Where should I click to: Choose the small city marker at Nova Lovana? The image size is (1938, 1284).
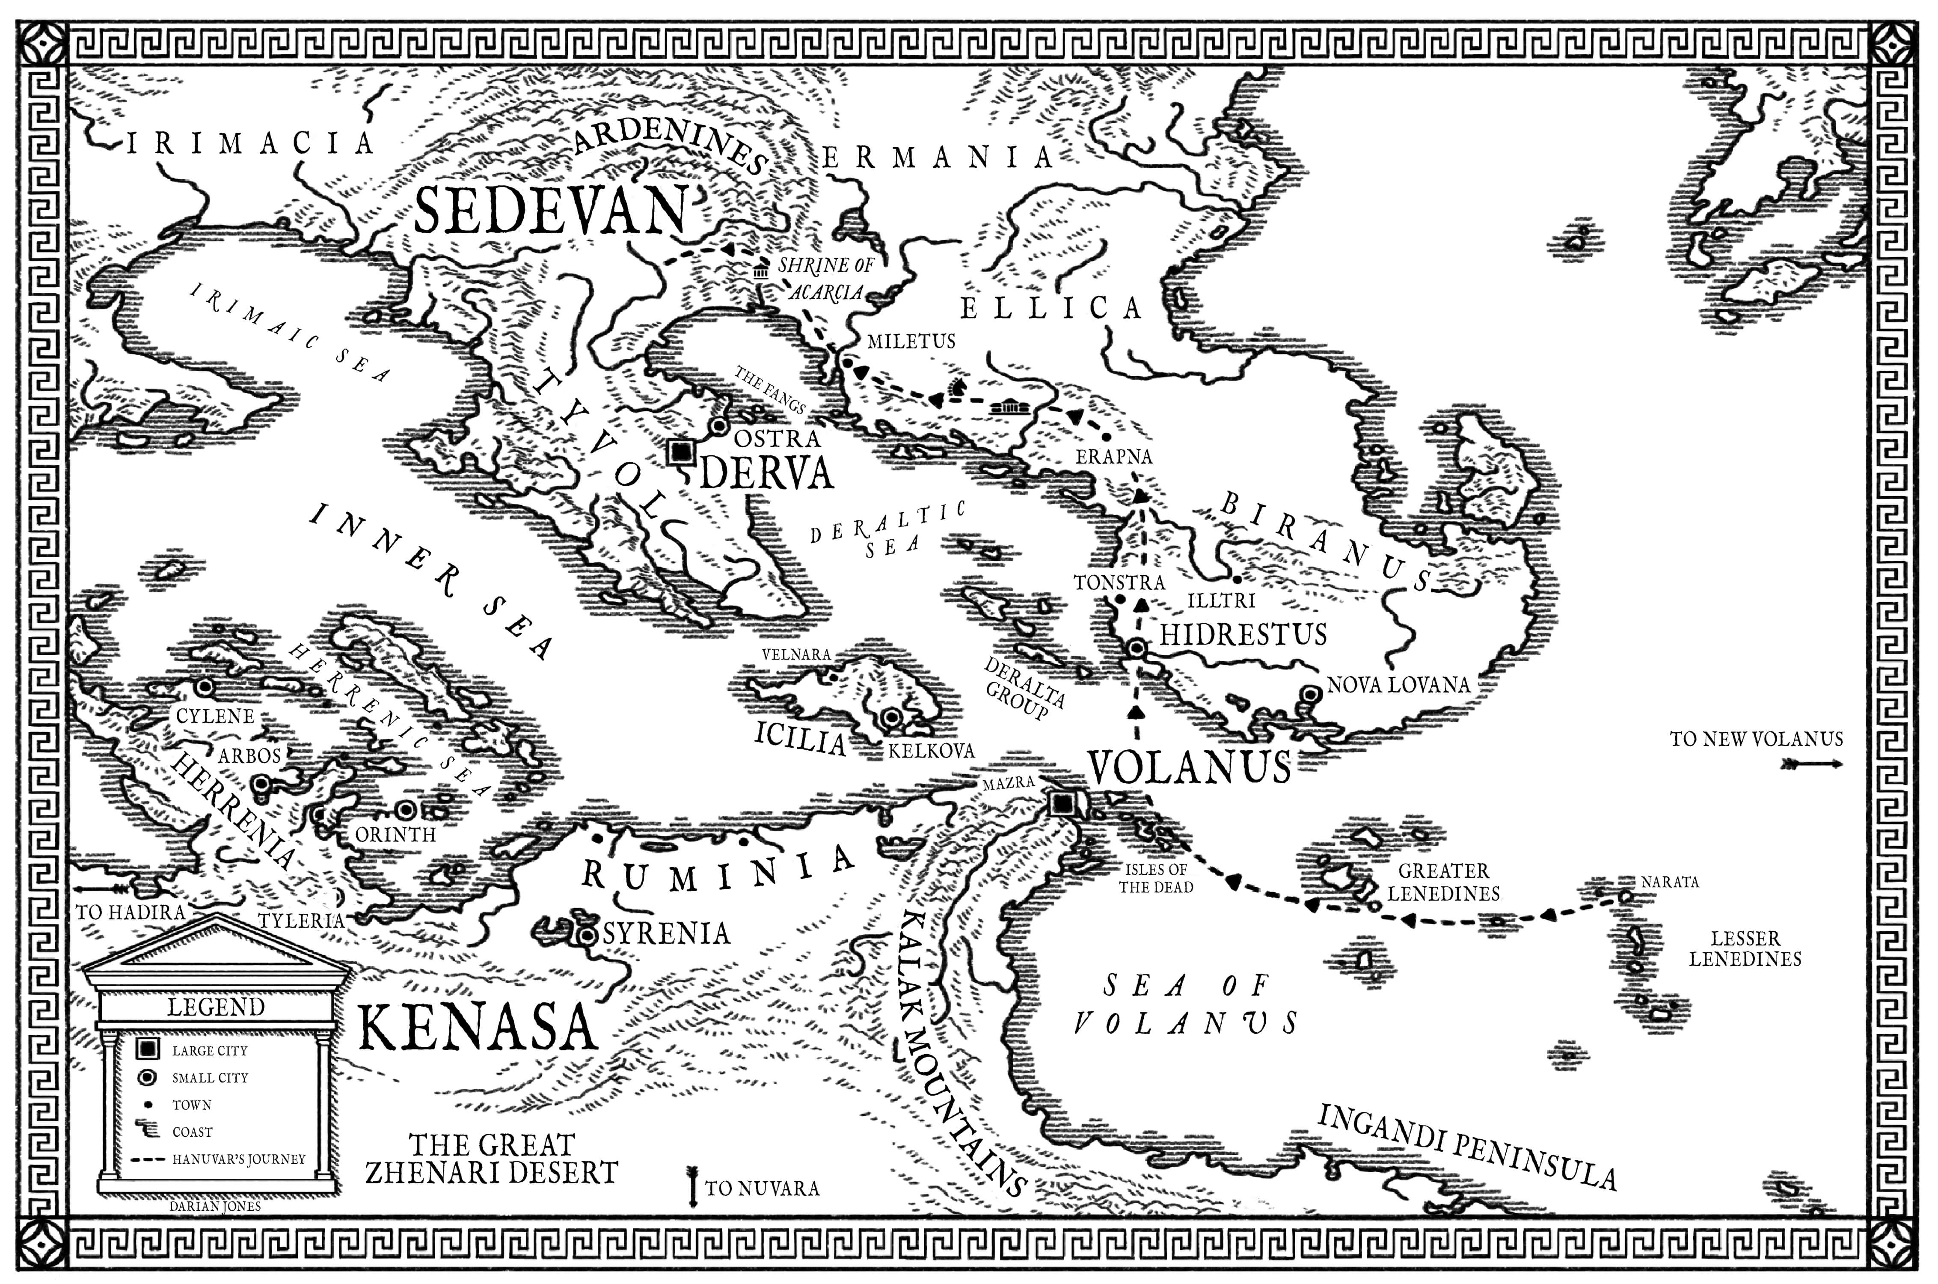(x=1311, y=694)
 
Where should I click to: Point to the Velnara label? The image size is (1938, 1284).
(x=796, y=654)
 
